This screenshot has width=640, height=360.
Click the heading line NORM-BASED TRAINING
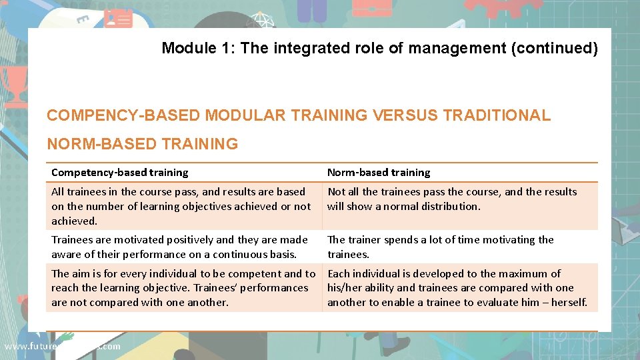tap(142, 144)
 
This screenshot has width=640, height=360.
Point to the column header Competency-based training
tap(119, 173)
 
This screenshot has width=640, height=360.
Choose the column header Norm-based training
tap(379, 173)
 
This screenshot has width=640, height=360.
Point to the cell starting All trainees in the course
tap(181, 206)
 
